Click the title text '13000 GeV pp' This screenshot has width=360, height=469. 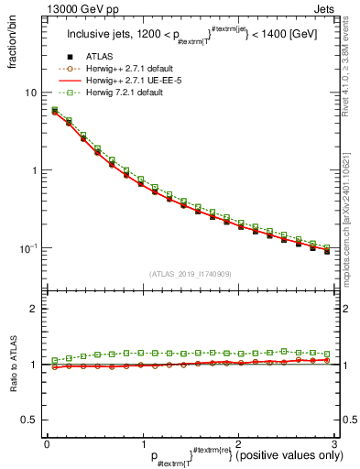(x=76, y=8)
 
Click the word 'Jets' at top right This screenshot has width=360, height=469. (x=325, y=8)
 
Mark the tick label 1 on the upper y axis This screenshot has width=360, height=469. (x=33, y=170)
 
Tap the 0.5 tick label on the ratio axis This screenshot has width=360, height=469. (x=28, y=420)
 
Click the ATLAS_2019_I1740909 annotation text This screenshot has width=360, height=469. (x=190, y=274)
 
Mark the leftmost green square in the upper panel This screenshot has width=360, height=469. (x=54, y=110)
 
